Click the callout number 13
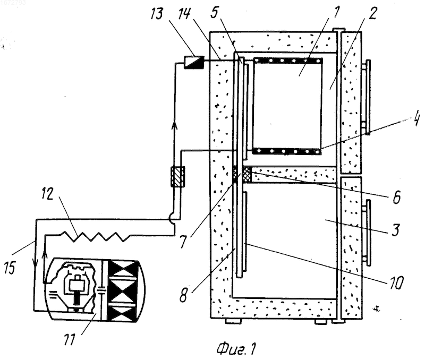pyautogui.click(x=157, y=14)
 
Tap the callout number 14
pyautogui.click(x=184, y=13)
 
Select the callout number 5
pyautogui.click(x=215, y=12)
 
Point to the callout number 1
pyautogui.click(x=336, y=11)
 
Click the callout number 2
pyautogui.click(x=373, y=13)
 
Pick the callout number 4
pyautogui.click(x=416, y=118)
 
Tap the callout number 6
pyautogui.click(x=396, y=197)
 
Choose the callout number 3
pyautogui.click(x=396, y=229)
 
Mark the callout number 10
pyautogui.click(x=396, y=282)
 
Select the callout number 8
pyautogui.click(x=183, y=295)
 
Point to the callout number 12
pyautogui.click(x=48, y=194)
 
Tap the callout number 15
pyautogui.click(x=10, y=268)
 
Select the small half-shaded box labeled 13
pyautogui.click(x=193, y=62)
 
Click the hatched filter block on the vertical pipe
pyautogui.click(x=177, y=177)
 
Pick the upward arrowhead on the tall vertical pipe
pyautogui.click(x=175, y=125)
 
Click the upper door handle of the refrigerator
pyautogui.click(x=367, y=97)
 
